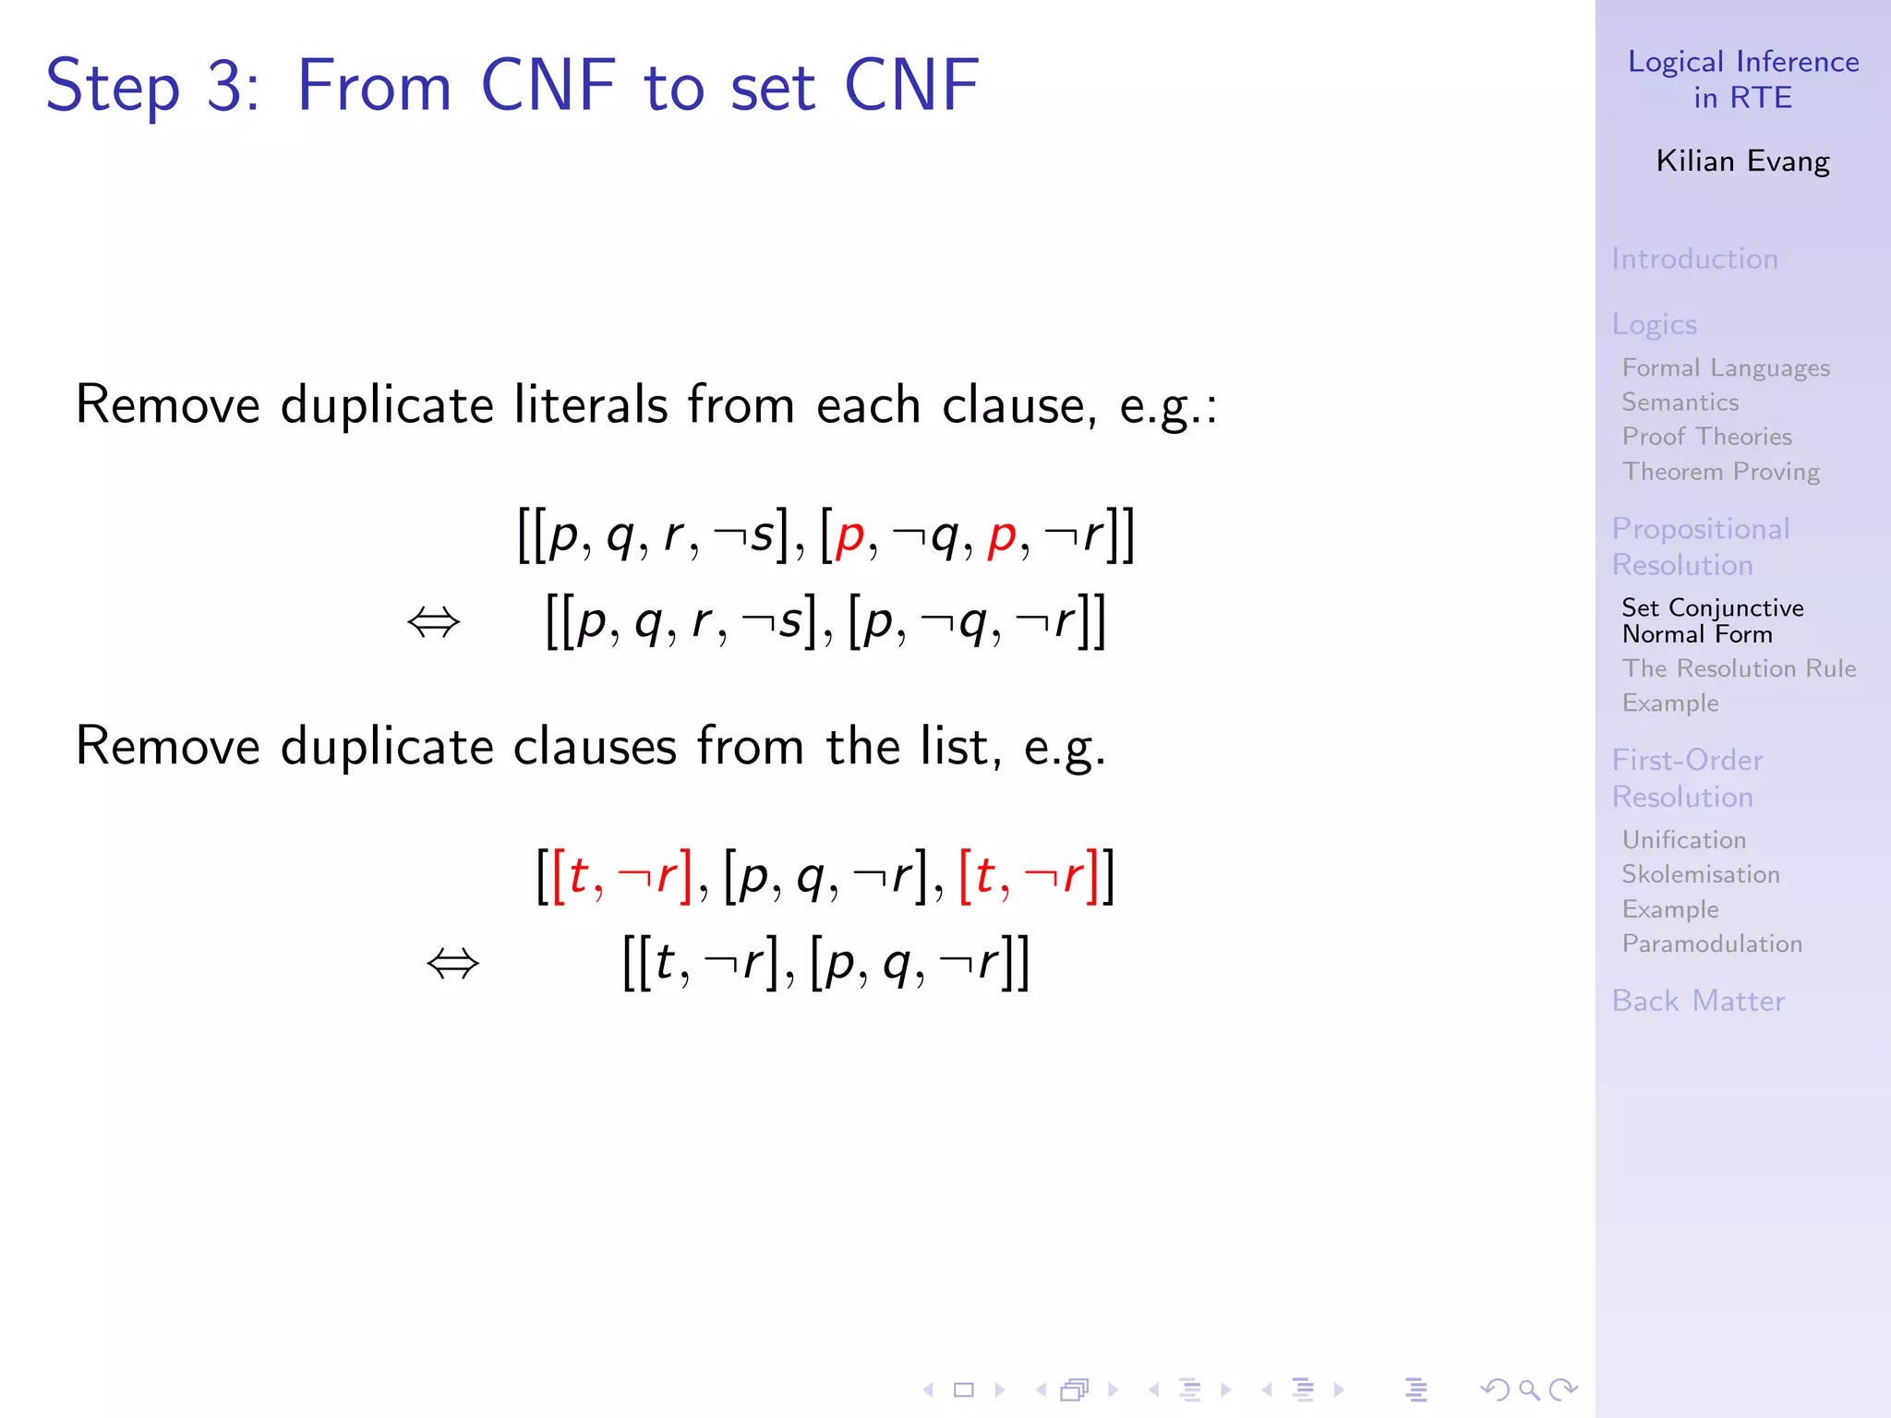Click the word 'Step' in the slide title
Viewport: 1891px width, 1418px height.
coord(112,87)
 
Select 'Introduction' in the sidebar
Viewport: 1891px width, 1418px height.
coord(1694,258)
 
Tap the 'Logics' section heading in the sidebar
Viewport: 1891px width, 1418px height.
coord(1655,324)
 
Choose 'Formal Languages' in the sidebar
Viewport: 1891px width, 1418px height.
coord(1726,367)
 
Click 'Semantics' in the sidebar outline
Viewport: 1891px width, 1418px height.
coord(1680,403)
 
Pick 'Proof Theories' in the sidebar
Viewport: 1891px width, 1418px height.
coord(1706,437)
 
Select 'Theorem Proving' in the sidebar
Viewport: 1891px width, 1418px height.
coord(1721,472)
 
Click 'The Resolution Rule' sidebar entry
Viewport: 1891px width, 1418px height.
coord(1739,668)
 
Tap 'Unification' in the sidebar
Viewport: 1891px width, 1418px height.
coord(1684,840)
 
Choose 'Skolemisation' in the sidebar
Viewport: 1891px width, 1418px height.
coord(1701,874)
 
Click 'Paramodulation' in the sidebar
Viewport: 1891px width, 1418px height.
coord(1712,943)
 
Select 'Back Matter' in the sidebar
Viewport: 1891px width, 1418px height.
coord(1698,1001)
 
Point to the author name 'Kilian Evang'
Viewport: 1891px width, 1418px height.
coord(1742,162)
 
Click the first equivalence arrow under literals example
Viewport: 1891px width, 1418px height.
coord(433,623)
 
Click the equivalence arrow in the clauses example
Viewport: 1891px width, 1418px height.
coord(452,965)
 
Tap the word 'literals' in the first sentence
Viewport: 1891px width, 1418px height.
coord(590,405)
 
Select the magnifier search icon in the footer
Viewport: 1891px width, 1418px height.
coord(1529,1389)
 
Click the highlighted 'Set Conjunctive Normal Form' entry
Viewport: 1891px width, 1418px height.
coord(1712,620)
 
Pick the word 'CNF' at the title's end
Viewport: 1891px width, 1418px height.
coord(911,86)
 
